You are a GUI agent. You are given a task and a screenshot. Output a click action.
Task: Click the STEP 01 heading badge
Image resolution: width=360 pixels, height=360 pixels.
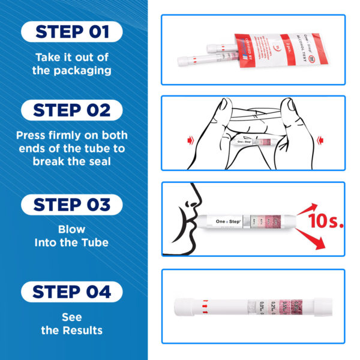(x=72, y=31)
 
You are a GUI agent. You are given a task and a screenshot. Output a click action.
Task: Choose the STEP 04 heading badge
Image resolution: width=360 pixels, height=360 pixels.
(x=72, y=292)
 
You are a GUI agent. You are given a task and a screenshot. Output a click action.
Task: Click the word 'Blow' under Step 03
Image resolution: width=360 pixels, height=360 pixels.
(x=72, y=229)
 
